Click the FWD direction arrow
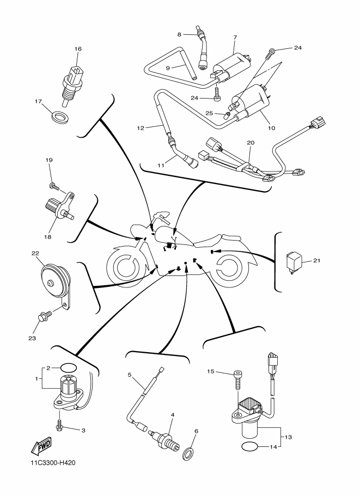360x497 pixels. pos(41,446)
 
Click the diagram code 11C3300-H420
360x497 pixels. pos(53,463)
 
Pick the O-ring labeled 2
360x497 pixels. pos(68,368)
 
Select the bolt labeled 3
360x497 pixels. pos(59,425)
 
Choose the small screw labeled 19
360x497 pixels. pos(54,186)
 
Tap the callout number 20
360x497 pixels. pos(250,143)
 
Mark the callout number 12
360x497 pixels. pos(141,128)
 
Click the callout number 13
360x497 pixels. pos(288,437)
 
